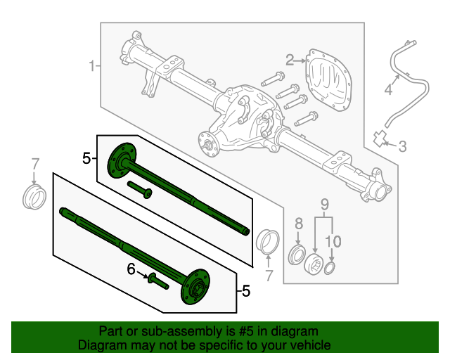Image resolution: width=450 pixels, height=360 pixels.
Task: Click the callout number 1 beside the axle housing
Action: tap(91, 66)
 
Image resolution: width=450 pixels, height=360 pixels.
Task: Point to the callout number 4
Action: tap(387, 90)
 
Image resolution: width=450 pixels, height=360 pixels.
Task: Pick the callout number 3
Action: tap(402, 146)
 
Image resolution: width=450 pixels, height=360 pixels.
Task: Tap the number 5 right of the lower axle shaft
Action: tap(245, 290)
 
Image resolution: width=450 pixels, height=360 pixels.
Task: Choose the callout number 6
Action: tap(131, 269)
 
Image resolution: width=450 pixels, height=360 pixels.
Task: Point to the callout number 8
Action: tap(298, 224)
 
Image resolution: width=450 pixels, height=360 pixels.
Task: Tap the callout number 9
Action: tap(325, 205)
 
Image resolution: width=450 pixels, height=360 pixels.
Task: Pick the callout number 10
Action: tap(333, 241)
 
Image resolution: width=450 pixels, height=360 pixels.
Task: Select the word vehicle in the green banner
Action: tap(309, 345)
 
